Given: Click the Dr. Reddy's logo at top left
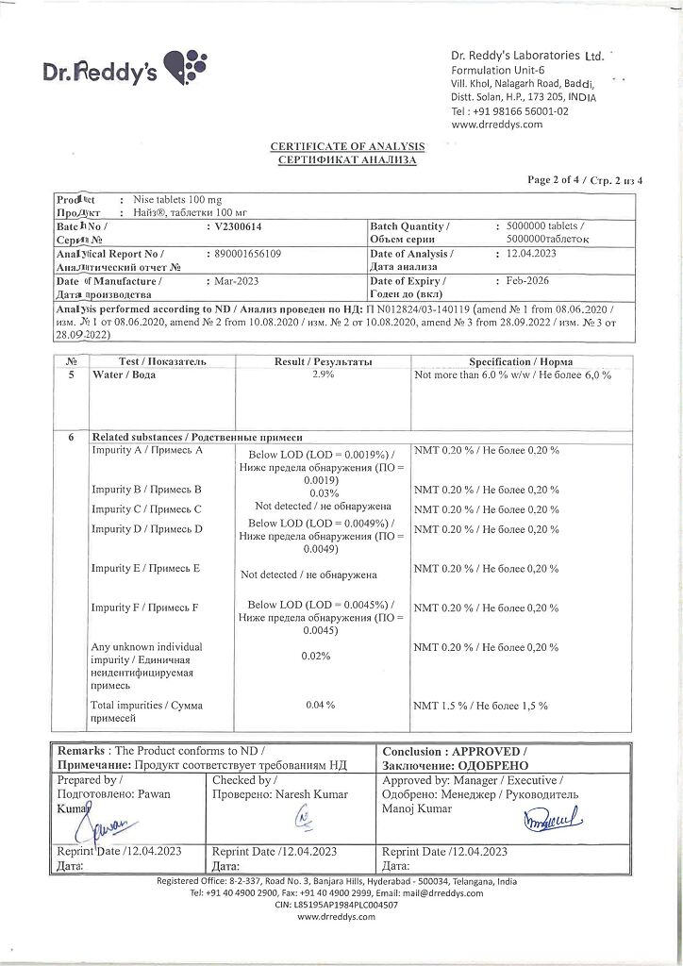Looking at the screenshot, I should tap(123, 69).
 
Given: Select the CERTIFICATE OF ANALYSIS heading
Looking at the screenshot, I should tap(348, 146).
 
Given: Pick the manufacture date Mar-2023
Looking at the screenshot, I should tap(232, 281).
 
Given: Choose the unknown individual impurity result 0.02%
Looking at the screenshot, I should tap(316, 655).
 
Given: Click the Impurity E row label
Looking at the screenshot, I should tap(145, 568).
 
